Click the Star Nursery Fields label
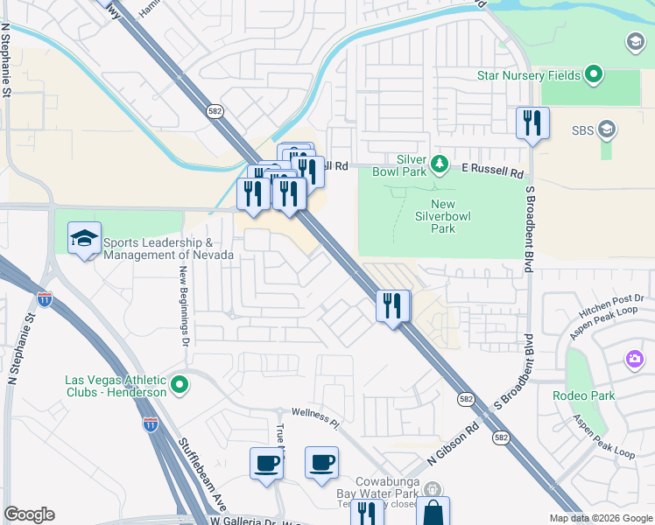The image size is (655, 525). [528, 76]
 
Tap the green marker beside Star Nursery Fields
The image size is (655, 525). [594, 75]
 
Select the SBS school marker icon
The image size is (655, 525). [606, 131]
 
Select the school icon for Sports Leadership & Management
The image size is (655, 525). [85, 239]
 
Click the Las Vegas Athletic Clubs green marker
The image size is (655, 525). [180, 384]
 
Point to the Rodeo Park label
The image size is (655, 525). [584, 395]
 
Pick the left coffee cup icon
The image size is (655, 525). [266, 464]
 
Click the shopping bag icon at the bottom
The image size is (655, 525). [432, 513]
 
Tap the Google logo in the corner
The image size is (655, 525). [29, 515]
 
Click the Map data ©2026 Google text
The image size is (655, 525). [599, 518]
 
